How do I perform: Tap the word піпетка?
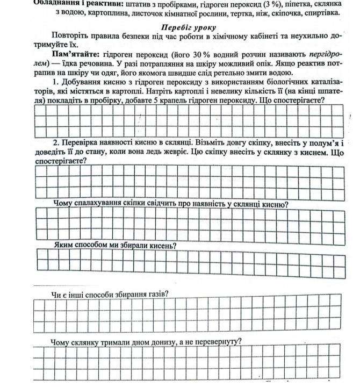pos(294,3)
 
